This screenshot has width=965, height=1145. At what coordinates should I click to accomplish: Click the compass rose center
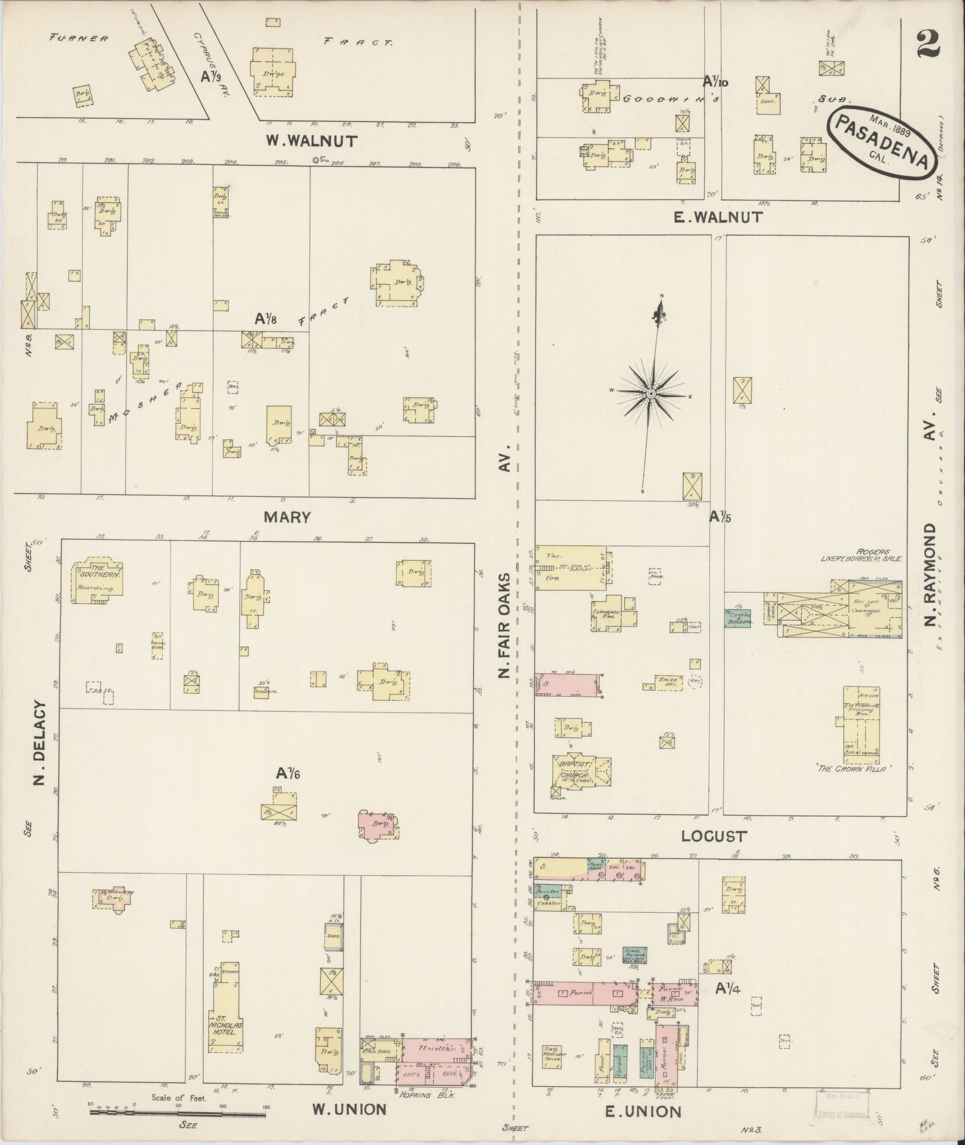[651, 393]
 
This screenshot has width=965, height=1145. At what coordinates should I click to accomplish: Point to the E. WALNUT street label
[717, 217]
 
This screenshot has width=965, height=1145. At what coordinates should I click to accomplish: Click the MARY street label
[287, 517]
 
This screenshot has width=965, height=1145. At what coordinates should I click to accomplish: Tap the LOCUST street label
[714, 836]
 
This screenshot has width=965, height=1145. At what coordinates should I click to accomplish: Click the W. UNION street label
[349, 1110]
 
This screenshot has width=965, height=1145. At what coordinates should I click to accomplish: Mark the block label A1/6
[287, 773]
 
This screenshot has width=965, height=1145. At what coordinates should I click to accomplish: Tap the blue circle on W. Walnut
[315, 160]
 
